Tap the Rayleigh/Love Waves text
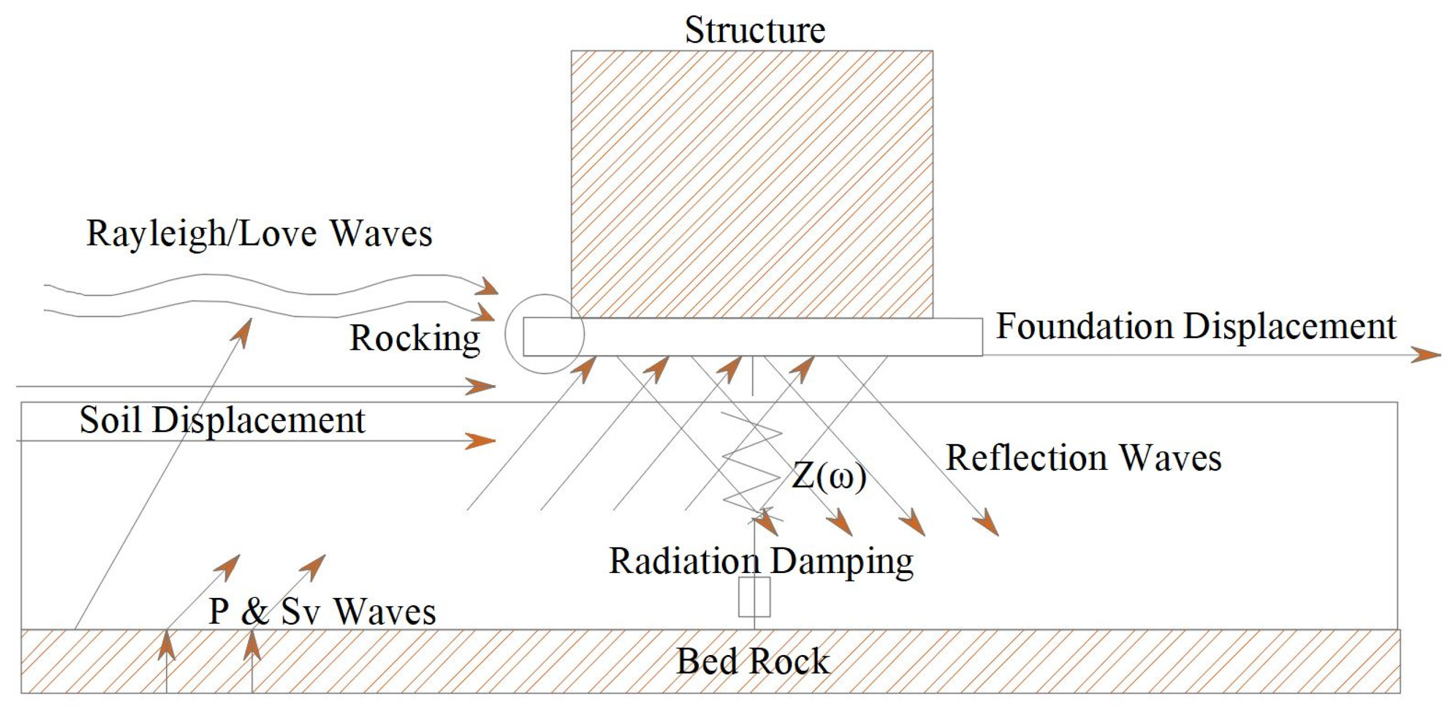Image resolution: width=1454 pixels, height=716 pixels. [x=259, y=233]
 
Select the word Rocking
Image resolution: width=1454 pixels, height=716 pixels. [x=414, y=338]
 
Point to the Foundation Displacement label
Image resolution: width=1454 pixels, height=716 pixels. [x=1195, y=326]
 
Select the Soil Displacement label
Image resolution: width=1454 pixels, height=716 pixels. [x=222, y=420]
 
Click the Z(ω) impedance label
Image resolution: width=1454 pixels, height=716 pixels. [x=829, y=475]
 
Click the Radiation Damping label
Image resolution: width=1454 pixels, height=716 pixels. [x=761, y=561]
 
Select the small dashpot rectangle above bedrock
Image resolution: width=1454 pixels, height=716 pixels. [x=754, y=597]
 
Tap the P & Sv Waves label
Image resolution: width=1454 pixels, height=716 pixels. [x=322, y=611]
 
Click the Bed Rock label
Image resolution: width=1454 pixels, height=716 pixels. [x=752, y=661]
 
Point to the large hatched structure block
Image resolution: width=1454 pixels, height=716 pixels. [x=751, y=184]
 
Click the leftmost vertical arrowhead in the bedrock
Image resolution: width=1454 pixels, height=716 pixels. [x=166, y=646]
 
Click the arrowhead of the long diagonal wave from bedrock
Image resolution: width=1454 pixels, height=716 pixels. [x=243, y=331]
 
